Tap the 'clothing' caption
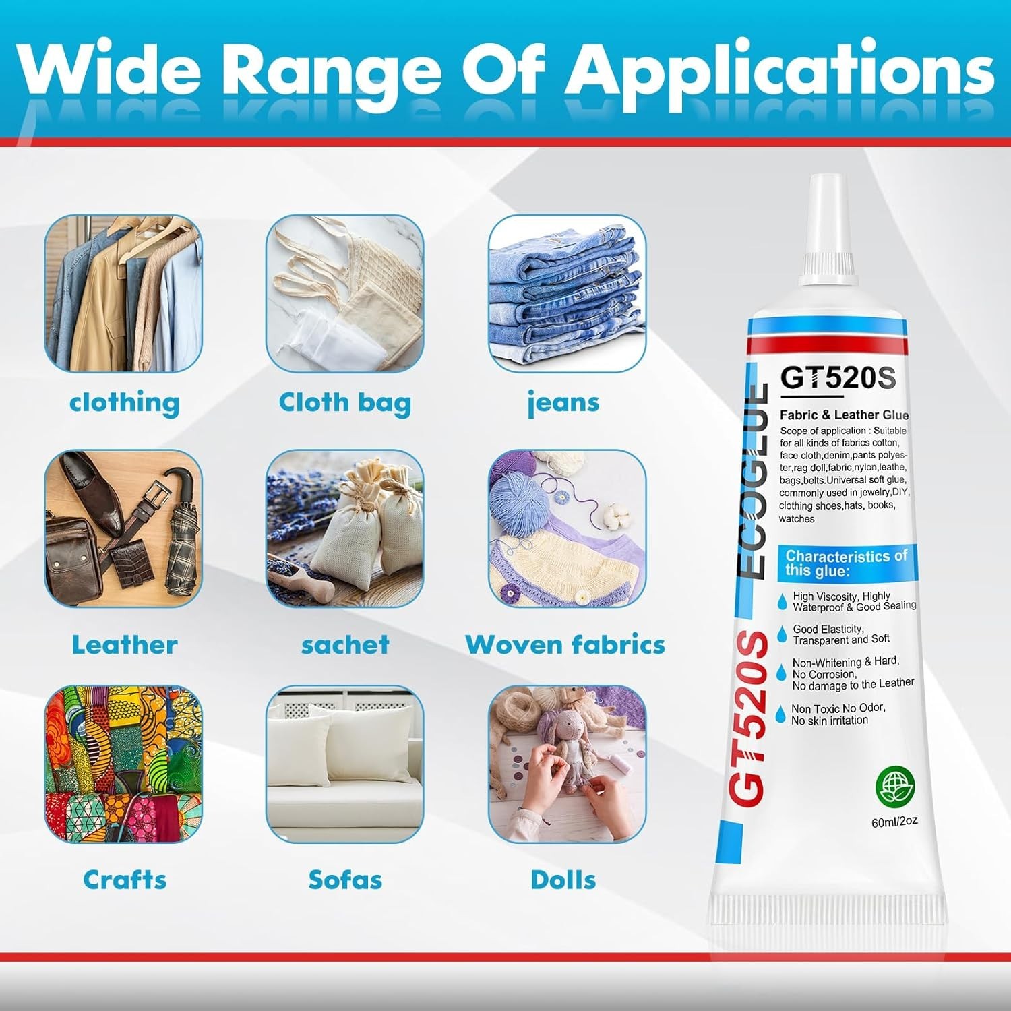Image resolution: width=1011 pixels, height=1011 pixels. click(x=125, y=402)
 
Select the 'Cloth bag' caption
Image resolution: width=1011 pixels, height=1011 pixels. click(x=345, y=402)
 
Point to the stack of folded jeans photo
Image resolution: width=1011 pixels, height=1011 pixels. click(x=567, y=294)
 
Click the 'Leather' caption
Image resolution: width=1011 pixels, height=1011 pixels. click(x=125, y=645)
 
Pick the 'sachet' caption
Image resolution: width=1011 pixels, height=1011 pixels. click(x=345, y=645)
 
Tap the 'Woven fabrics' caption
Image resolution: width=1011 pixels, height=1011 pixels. click(x=565, y=645)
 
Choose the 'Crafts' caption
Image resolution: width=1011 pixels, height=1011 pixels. click(x=125, y=880)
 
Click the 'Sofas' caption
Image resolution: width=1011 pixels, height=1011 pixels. click(x=345, y=880)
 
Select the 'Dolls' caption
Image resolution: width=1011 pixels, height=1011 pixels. click(x=563, y=880)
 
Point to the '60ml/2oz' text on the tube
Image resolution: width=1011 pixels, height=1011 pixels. click(x=895, y=821)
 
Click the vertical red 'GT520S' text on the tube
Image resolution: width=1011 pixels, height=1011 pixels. click(x=749, y=718)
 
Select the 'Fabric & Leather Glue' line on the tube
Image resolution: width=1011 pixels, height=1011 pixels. click(x=845, y=415)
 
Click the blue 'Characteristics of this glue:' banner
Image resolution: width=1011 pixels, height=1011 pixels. click(x=847, y=563)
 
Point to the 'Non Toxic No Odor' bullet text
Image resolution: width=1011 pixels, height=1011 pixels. click(x=838, y=708)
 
